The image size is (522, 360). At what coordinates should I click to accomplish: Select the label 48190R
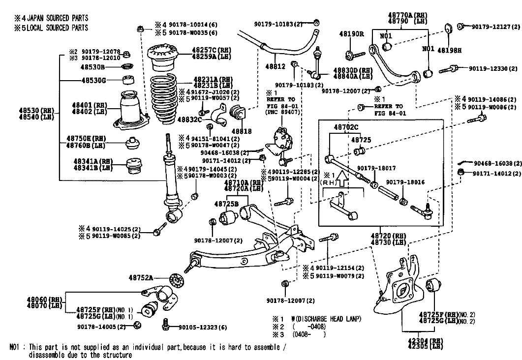coord(351,34)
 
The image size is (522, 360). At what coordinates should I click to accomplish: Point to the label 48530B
coord(93,67)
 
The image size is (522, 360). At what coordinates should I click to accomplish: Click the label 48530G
coord(93,80)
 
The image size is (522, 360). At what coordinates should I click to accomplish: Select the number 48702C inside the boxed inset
coord(346,127)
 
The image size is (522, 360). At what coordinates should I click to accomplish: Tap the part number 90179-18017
coord(376,168)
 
